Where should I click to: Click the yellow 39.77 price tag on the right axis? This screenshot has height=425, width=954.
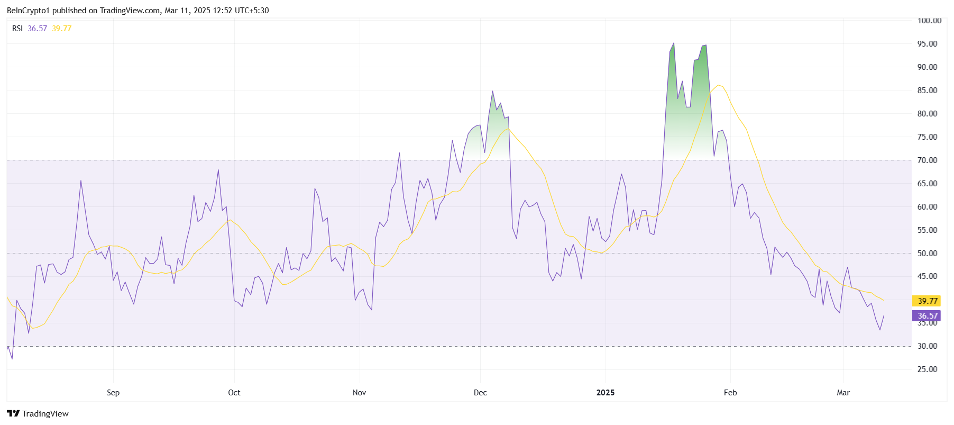tap(927, 301)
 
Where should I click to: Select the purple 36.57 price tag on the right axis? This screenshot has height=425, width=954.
tap(927, 315)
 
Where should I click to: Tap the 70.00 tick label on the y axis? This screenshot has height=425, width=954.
tap(927, 160)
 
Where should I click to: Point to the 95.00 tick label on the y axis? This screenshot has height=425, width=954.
tap(927, 44)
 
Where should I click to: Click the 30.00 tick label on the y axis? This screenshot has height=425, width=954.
tap(927, 346)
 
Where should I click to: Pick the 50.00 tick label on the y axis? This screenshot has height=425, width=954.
tap(927, 253)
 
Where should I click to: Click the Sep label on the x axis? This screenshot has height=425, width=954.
tap(113, 393)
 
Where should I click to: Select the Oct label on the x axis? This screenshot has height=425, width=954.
tap(234, 393)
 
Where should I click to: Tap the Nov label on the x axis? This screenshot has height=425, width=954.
tap(359, 393)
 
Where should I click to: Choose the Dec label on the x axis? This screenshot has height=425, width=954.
tap(480, 393)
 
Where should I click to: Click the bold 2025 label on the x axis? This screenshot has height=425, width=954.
tap(606, 393)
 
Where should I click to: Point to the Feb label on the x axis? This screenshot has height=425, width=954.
tap(730, 393)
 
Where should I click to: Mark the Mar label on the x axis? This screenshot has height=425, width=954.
tap(843, 393)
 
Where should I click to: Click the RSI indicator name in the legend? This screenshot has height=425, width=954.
tap(17, 29)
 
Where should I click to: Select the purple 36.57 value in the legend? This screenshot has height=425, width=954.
tap(38, 29)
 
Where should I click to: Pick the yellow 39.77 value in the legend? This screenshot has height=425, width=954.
tap(62, 29)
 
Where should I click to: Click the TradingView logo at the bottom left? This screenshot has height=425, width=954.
tap(38, 413)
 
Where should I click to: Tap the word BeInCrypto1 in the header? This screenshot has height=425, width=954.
tap(28, 11)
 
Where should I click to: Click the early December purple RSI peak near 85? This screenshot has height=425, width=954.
tap(492, 92)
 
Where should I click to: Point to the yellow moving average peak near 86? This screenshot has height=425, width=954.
tap(718, 85)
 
